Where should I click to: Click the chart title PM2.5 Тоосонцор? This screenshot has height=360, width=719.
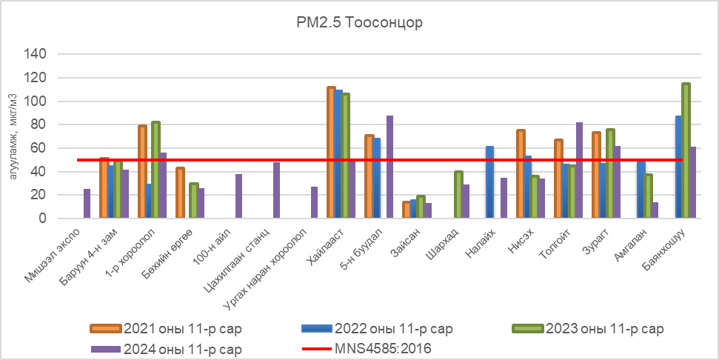tap(358, 22)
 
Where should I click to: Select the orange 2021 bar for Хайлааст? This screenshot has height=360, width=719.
tap(331, 153)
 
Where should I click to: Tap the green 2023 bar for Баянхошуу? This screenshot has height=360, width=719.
tap(686, 151)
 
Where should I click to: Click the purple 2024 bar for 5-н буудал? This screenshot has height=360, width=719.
tap(389, 167)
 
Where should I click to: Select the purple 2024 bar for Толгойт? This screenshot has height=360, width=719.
tap(579, 170)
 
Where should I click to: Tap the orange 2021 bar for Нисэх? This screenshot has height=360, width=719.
tap(521, 174)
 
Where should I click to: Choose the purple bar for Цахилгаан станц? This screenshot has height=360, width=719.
tap(276, 190)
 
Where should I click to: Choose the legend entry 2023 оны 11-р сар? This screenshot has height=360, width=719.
tap(603, 328)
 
